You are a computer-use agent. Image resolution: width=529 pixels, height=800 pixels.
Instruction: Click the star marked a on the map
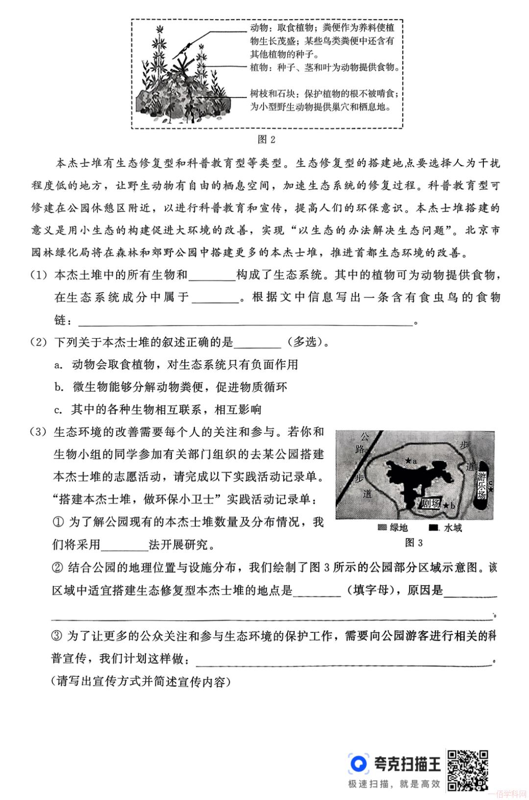click(x=408, y=461)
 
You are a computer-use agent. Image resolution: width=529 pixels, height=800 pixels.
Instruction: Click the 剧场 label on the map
click(x=431, y=503)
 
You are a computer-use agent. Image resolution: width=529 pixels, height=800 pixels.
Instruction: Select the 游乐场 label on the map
click(x=482, y=486)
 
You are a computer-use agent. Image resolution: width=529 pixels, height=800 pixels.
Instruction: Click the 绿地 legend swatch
click(x=383, y=528)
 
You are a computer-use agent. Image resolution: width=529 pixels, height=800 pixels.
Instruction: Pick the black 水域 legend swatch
click(x=433, y=528)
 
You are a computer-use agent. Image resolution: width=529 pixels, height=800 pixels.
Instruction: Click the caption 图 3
click(x=414, y=543)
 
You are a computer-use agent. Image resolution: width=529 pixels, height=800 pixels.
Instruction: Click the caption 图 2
click(x=266, y=140)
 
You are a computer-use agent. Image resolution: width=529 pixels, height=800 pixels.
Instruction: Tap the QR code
click(x=468, y=770)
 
